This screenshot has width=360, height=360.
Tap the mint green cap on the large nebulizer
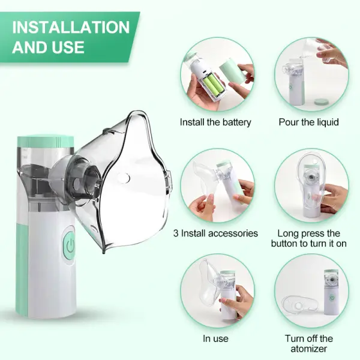46,143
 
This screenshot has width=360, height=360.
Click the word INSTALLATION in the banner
71,28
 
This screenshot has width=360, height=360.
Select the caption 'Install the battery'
215,122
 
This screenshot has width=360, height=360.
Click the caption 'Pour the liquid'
308,122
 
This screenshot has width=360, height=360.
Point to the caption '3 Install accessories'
215,233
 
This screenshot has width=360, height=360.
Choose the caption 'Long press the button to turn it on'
308,239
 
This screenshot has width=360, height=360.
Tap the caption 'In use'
215,338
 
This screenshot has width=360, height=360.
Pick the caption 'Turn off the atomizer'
308,343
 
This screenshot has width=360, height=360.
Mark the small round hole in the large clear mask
123,178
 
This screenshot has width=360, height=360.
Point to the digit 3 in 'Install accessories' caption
176,233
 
